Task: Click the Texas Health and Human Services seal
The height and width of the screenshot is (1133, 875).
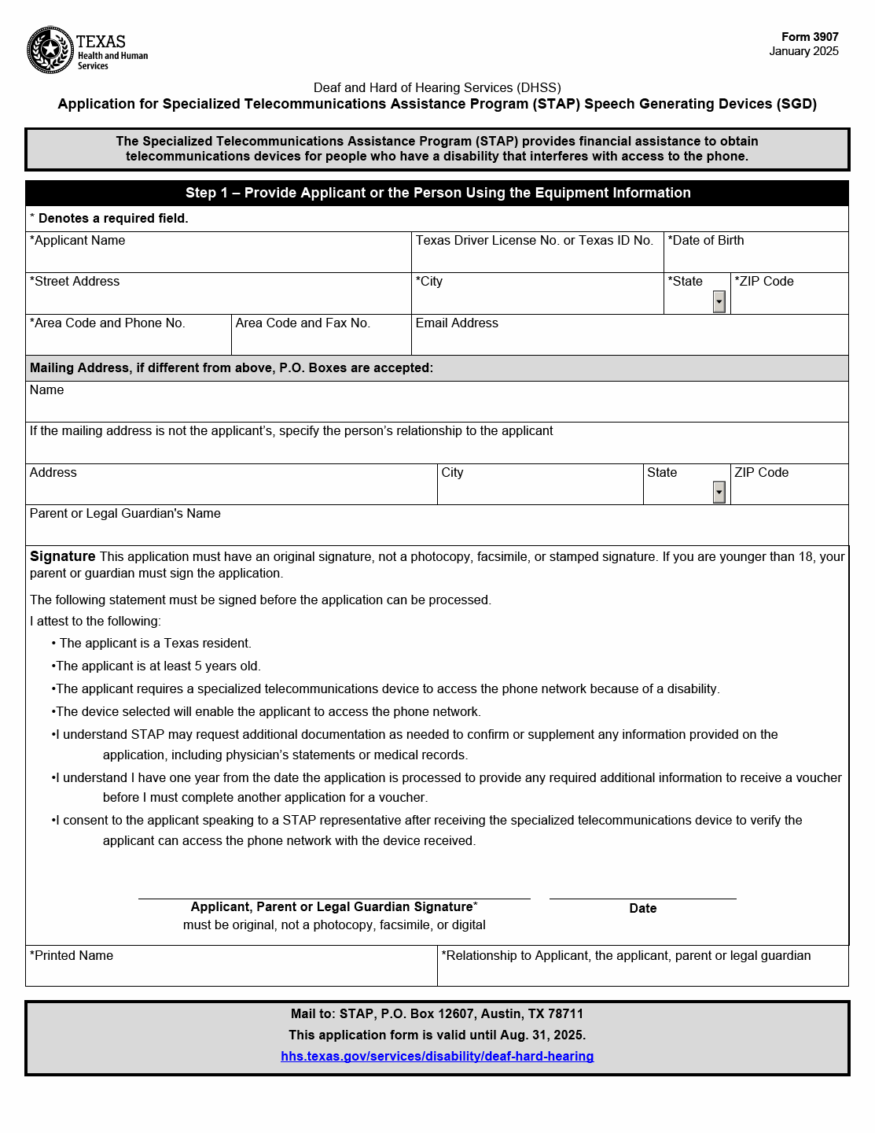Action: (x=50, y=50)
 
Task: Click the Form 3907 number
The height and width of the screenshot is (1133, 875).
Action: (x=810, y=37)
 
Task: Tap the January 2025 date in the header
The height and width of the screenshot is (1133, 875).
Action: (x=803, y=51)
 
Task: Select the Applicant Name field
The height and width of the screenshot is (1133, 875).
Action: (x=219, y=259)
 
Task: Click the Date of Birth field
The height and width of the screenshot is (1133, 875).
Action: (x=756, y=259)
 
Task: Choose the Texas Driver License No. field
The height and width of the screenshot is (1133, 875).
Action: (x=537, y=259)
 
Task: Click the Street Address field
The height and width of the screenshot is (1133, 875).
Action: (x=219, y=300)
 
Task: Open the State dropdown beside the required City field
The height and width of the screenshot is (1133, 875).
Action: (x=719, y=301)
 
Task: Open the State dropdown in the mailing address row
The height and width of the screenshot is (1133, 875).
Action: (x=719, y=493)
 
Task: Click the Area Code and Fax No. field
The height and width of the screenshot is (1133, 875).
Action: (x=321, y=341)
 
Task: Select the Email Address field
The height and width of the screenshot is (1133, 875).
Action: (x=629, y=341)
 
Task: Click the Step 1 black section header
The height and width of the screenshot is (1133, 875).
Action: (x=437, y=193)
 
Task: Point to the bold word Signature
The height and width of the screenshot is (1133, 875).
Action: (x=63, y=556)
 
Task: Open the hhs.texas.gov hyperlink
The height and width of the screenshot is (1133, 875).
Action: (x=437, y=1056)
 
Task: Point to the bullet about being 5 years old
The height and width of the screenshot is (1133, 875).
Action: (x=157, y=666)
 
